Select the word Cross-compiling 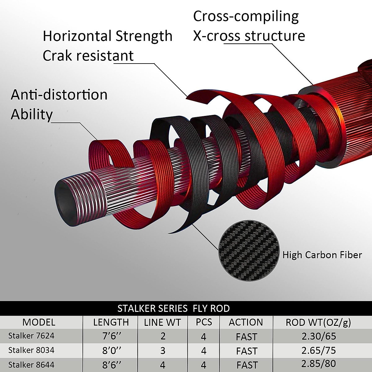(246, 17)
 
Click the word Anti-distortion (59, 95)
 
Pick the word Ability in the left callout (32, 114)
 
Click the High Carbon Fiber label (322, 255)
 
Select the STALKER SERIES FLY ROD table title (174, 308)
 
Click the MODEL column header (39, 322)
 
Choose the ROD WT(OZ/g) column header (318, 322)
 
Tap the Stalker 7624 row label (31, 336)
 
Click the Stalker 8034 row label (31, 350)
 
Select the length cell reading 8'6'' (111, 365)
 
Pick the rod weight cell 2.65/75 (318, 350)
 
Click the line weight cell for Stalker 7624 (163, 336)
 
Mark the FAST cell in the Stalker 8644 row (246, 365)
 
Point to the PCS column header (204, 322)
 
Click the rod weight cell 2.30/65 (318, 336)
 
